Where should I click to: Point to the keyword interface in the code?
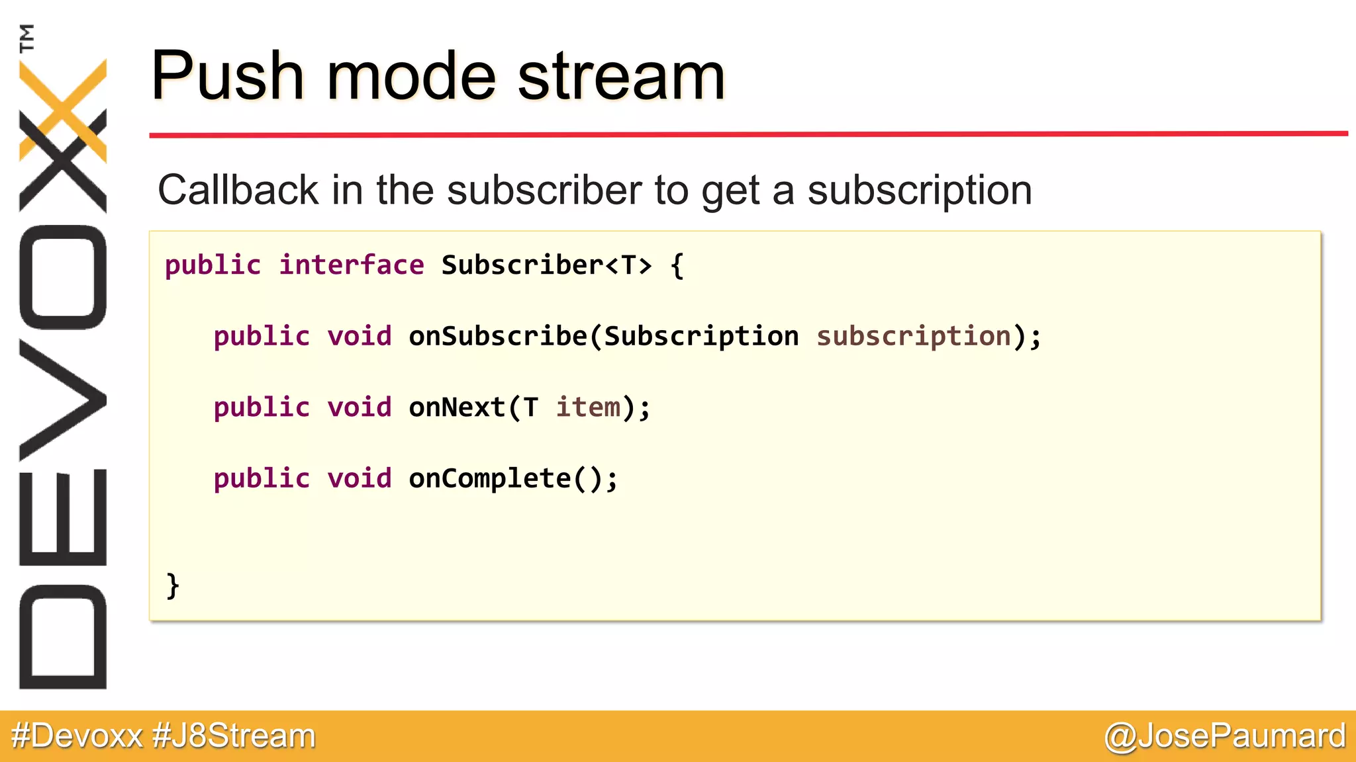point(351,265)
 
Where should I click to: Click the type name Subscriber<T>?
point(546,265)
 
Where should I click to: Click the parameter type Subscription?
point(701,337)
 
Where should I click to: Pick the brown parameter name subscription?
point(914,337)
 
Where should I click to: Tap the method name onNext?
point(457,407)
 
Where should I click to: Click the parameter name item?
point(588,407)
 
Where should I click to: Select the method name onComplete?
point(490,479)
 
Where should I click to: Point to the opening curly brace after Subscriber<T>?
point(677,266)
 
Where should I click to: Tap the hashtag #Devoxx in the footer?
point(77,736)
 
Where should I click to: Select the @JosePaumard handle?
point(1225,736)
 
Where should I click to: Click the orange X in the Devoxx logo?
point(63,109)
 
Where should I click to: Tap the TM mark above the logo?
point(27,38)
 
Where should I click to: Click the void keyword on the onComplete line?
point(360,479)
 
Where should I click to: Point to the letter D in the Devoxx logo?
point(63,637)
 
